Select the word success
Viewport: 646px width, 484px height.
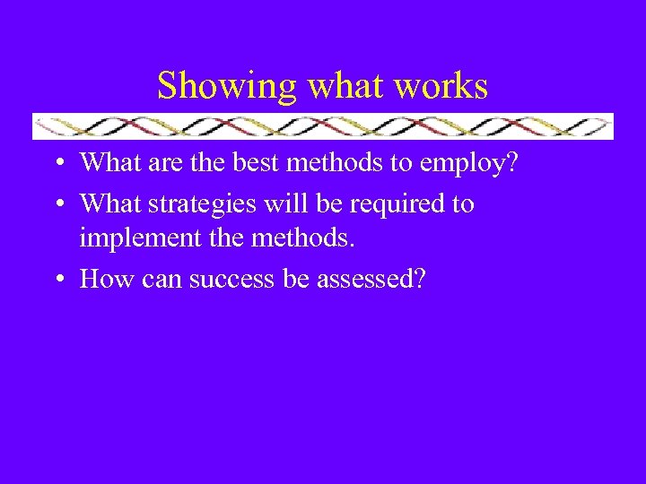(231, 281)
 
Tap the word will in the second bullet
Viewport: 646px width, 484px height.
(290, 204)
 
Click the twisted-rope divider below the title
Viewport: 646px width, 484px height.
(323, 126)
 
